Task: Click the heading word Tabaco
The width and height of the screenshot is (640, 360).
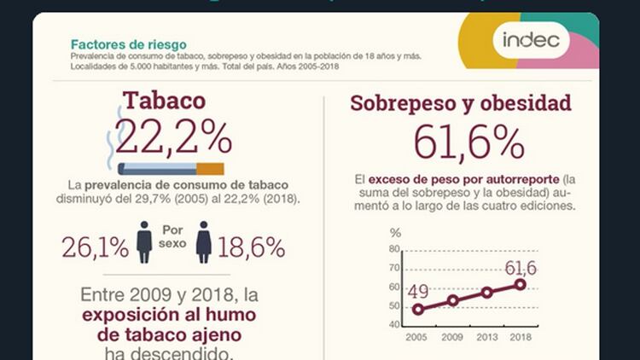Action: click(164, 101)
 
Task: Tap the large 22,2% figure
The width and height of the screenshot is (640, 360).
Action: click(173, 136)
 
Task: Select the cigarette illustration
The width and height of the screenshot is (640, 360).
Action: click(171, 168)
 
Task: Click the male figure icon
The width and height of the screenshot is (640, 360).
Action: click(144, 242)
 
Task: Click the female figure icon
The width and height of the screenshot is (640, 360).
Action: click(204, 242)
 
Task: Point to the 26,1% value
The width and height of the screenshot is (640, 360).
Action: click(95, 247)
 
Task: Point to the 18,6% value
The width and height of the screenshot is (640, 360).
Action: click(251, 247)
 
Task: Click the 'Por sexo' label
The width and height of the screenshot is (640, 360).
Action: click(173, 236)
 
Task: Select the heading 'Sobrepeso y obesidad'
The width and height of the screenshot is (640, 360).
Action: click(461, 104)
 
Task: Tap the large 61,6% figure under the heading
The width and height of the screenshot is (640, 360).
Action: click(468, 142)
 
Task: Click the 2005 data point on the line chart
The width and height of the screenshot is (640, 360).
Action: click(417, 310)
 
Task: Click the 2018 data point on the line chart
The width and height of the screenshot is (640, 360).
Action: click(520, 284)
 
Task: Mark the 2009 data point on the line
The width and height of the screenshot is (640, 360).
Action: click(453, 300)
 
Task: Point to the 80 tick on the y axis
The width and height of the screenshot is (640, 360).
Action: click(394, 249)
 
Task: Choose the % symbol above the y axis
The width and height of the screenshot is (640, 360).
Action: click(394, 233)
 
